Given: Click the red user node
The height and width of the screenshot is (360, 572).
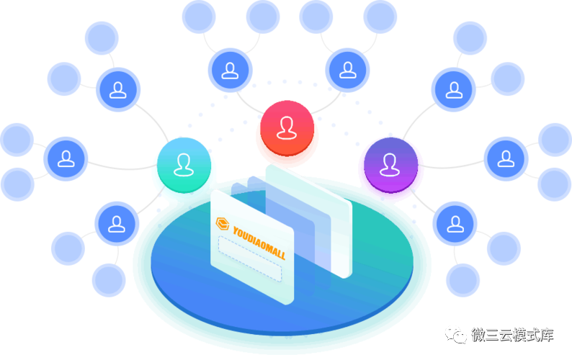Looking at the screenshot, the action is click(x=287, y=127).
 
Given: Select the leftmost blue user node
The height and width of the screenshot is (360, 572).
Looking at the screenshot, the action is click(x=66, y=158).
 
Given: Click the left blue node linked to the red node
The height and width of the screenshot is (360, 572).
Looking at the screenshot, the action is click(x=230, y=70).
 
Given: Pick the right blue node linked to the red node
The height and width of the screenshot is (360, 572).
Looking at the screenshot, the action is click(x=347, y=70).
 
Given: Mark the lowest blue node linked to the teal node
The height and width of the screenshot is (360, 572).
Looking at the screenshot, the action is click(x=118, y=224).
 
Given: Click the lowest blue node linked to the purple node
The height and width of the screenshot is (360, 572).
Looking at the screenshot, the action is click(x=455, y=224).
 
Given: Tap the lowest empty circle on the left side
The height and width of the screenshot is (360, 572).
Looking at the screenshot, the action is click(x=110, y=280).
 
